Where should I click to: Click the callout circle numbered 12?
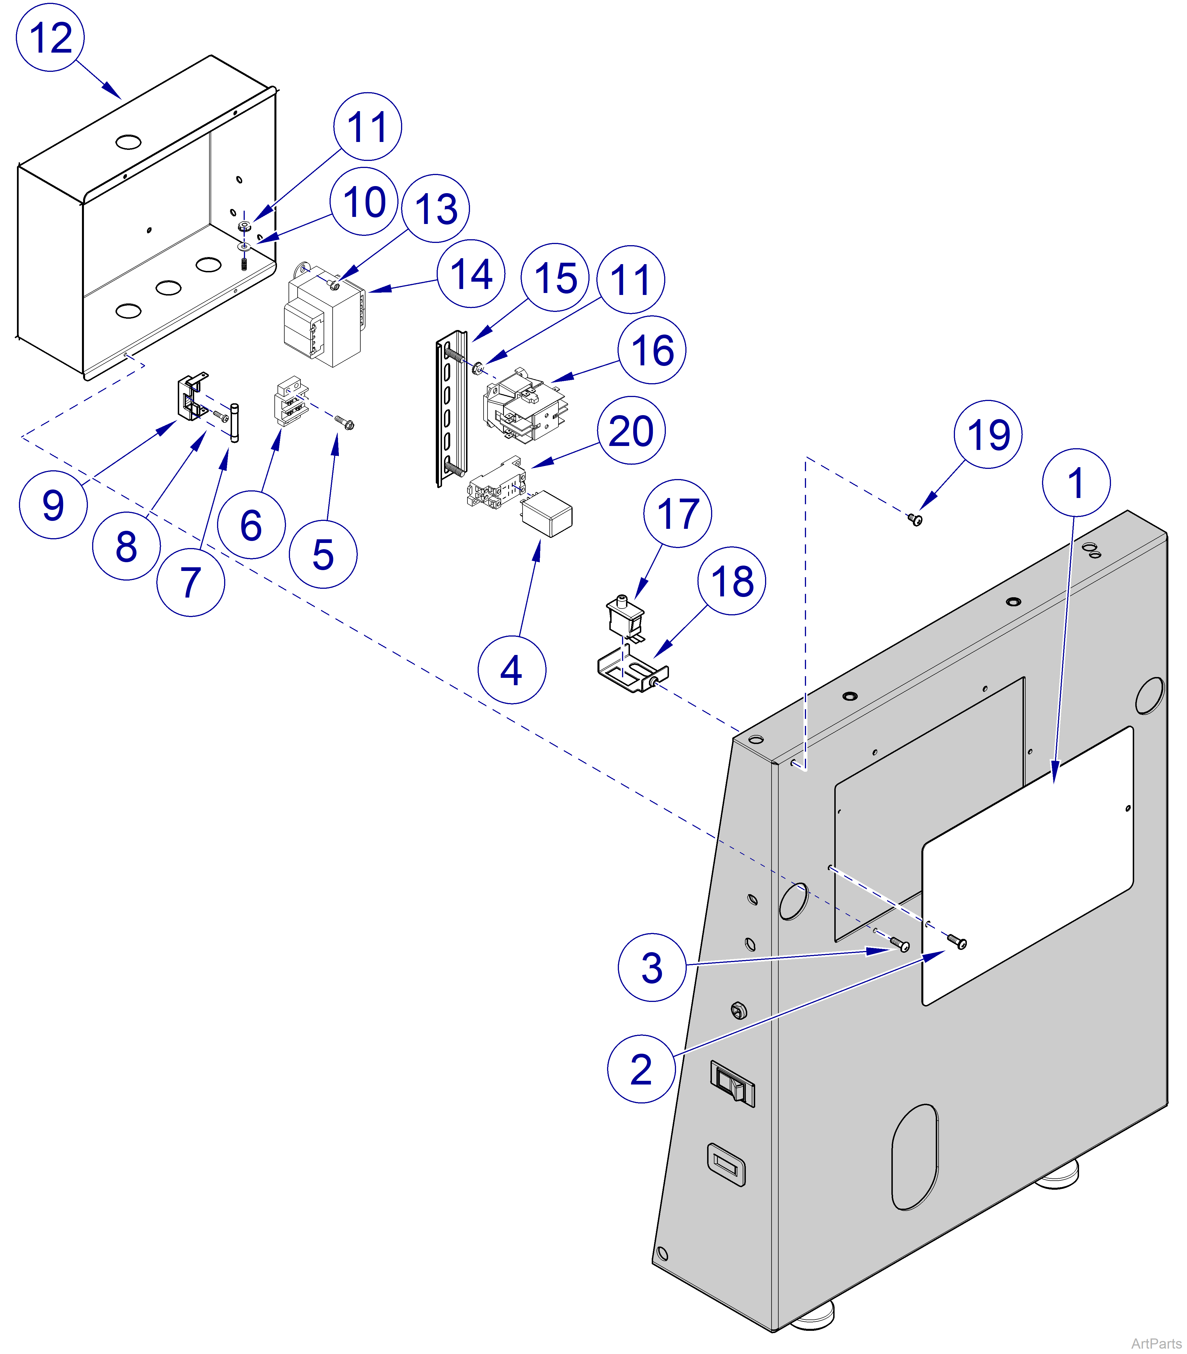50,38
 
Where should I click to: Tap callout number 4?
511,670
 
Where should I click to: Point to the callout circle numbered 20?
631,431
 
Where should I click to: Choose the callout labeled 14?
471,273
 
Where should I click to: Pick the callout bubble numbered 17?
677,513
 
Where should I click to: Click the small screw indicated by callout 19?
916,519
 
